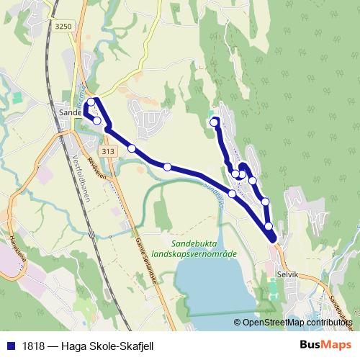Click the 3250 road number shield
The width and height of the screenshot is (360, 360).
[x=64, y=26]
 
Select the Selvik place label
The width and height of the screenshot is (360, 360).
[x=287, y=274]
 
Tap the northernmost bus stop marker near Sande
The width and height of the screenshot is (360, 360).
[x=91, y=102]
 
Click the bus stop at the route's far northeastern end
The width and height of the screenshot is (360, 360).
[x=214, y=122]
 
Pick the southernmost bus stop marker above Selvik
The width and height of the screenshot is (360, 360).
[x=269, y=227]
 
